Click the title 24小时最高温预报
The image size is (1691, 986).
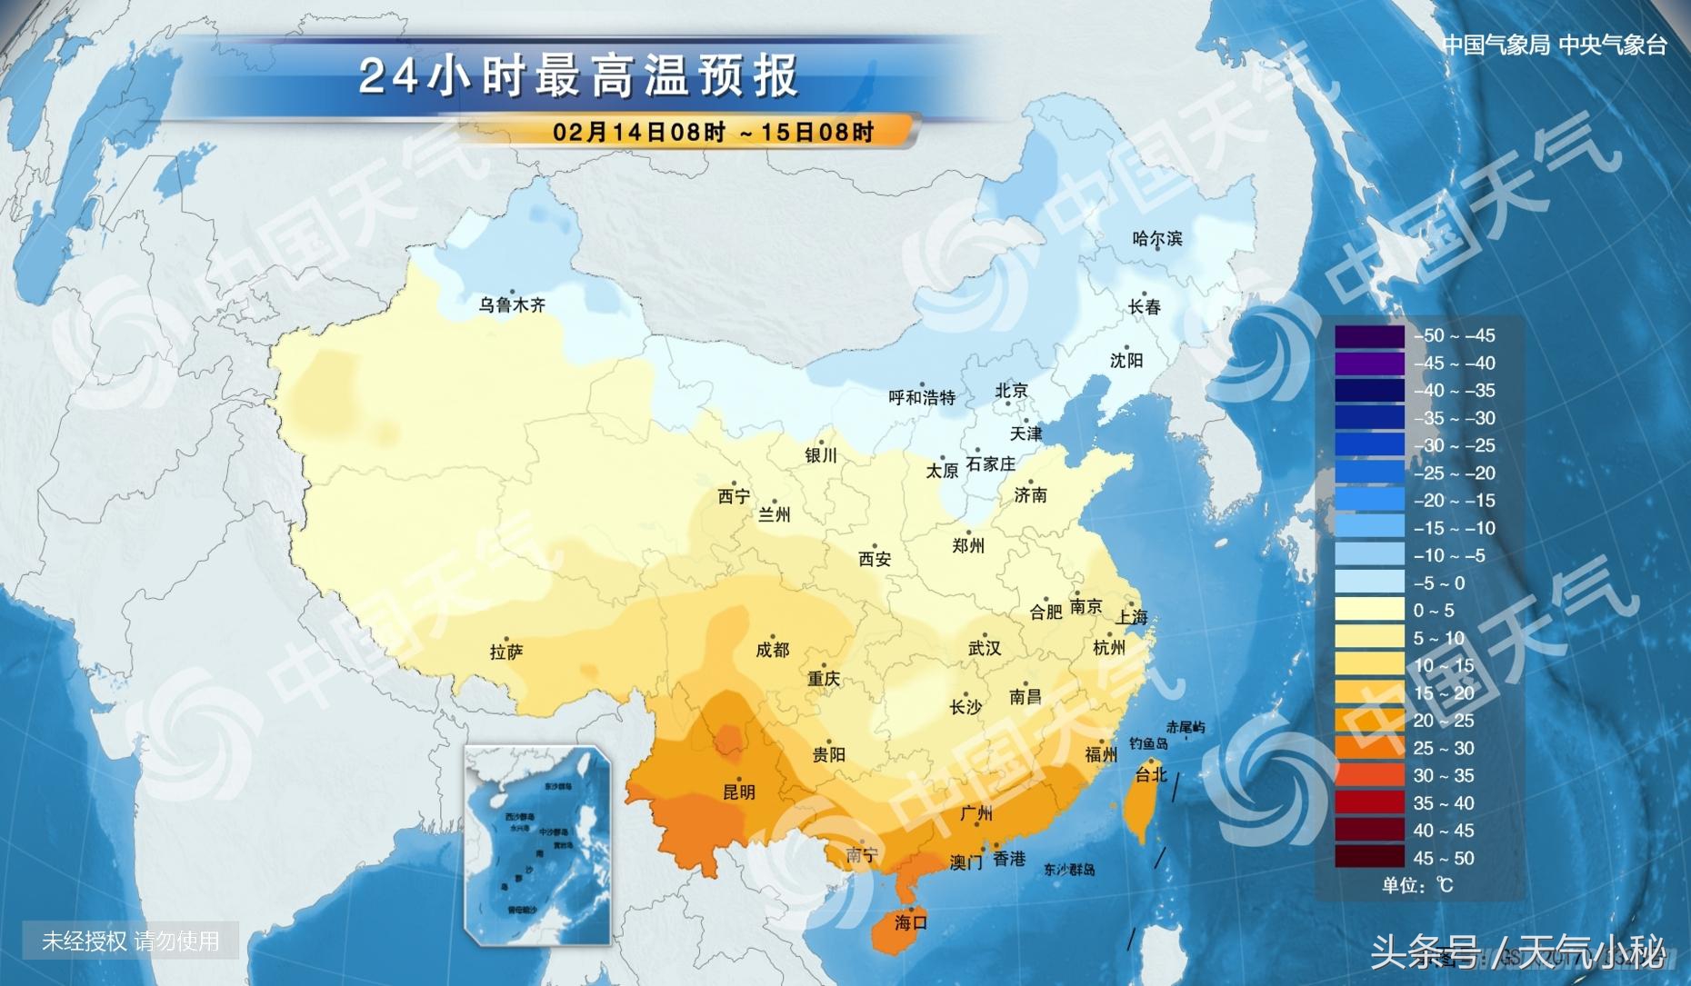tap(578, 76)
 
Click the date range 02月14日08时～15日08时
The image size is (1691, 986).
tap(714, 132)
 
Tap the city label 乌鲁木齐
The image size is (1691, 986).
tap(512, 305)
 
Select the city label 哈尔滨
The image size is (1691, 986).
tap(1157, 239)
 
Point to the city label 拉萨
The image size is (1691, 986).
tap(506, 652)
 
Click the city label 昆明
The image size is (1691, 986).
tap(738, 792)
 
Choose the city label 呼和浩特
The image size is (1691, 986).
tap(922, 398)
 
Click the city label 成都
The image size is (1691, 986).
tap(773, 651)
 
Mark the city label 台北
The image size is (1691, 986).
tap(1150, 775)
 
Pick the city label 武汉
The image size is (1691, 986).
tap(985, 649)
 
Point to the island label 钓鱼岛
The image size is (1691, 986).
tap(1148, 744)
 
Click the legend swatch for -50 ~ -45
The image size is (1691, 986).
tap(1369, 336)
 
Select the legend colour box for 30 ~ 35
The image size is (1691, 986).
tap(1369, 776)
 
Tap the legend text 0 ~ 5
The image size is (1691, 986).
tap(1434, 611)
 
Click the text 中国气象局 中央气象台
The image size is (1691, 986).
tap(1554, 45)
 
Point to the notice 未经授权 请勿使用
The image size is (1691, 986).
tap(130, 941)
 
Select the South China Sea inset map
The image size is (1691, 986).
tap(537, 845)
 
